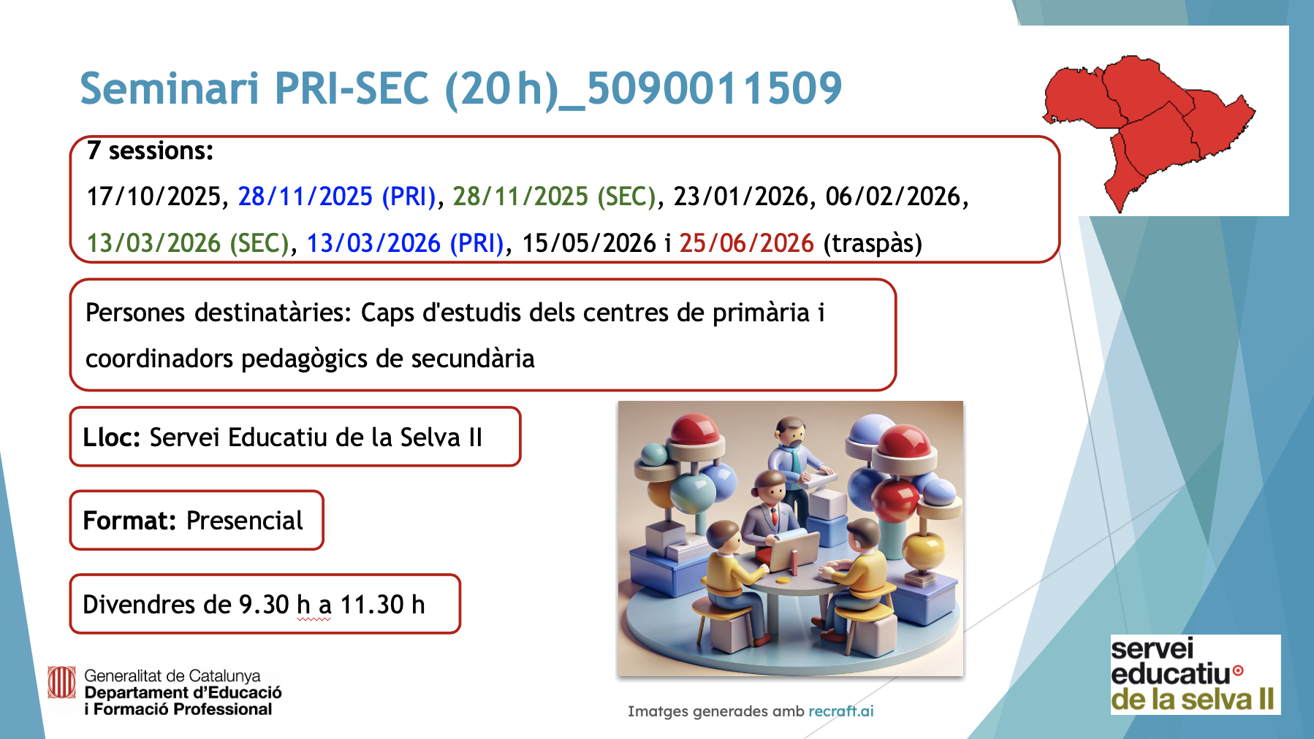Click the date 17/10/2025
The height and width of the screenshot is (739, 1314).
[153, 196]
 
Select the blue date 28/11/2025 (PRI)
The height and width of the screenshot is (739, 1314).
[337, 196]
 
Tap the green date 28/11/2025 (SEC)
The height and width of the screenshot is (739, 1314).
[555, 196]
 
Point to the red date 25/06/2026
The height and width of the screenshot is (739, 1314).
[746, 243]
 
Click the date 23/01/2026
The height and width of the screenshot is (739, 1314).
[740, 196]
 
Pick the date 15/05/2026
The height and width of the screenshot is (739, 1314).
[588, 243]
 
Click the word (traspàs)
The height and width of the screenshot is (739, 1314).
[873, 243]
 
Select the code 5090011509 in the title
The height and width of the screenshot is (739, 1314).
[714, 88]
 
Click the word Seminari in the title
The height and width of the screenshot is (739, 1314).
[170, 88]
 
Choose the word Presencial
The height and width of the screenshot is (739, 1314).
[244, 521]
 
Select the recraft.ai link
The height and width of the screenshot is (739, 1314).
[841, 711]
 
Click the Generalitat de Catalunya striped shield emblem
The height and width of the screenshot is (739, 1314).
[61, 683]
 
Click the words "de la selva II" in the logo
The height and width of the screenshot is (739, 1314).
[1193, 700]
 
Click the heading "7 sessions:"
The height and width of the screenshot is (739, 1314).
[150, 151]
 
